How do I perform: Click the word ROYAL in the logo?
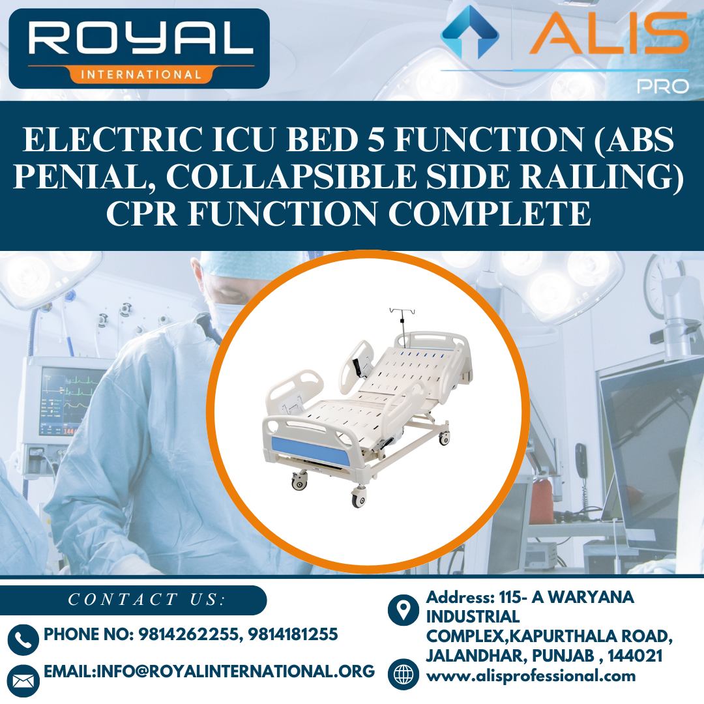[x=139, y=40]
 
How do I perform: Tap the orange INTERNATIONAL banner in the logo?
[x=139, y=74]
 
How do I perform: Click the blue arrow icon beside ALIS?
[x=470, y=33]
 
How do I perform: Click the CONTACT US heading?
[x=146, y=600]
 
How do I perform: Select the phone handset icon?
[x=23, y=639]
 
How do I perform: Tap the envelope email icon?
[x=23, y=681]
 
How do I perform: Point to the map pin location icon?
[x=403, y=610]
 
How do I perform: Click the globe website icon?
[x=403, y=674]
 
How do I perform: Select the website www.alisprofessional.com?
[x=531, y=676]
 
